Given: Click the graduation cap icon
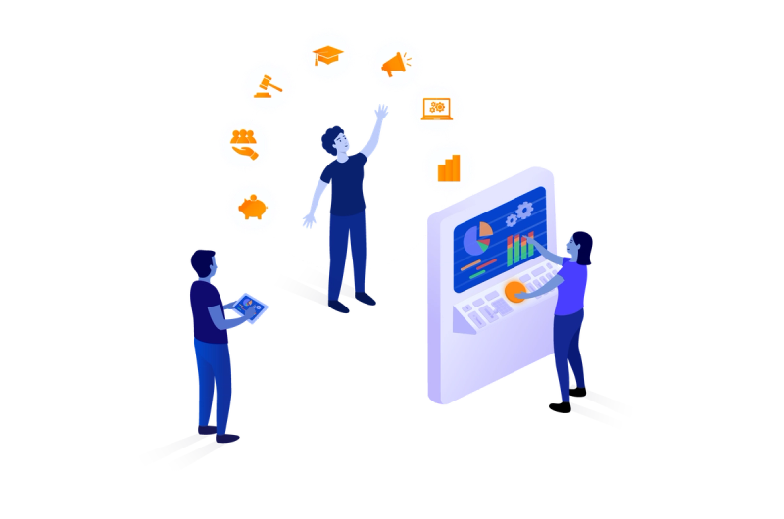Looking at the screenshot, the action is [327, 55].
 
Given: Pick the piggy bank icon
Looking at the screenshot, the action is [253, 208].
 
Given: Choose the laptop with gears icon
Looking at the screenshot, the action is [436, 109].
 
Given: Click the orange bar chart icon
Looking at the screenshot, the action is [449, 167].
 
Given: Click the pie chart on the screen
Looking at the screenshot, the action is [477, 238].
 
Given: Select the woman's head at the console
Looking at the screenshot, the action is [581, 245].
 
